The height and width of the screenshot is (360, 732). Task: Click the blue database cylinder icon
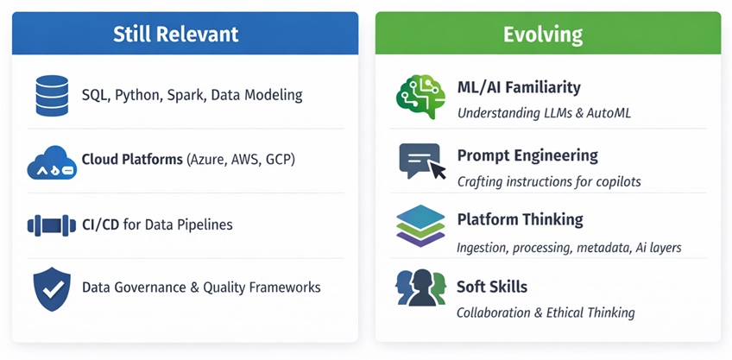coord(52,95)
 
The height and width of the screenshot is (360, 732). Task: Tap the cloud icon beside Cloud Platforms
coord(52,162)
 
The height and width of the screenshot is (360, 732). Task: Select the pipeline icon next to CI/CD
coord(52,225)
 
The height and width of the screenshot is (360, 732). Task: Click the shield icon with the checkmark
coord(52,289)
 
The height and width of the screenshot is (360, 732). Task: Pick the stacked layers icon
coord(420,225)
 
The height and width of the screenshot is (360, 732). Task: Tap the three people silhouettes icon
coord(420,287)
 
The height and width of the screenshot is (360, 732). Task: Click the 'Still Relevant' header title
coord(176,34)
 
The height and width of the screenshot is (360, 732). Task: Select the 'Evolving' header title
coord(543,35)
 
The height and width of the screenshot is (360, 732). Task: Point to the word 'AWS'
coord(246,160)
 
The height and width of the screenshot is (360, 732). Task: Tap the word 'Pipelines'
coord(205,225)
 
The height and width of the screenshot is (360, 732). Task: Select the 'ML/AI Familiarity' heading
coord(519,87)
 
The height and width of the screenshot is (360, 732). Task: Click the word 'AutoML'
coord(609,113)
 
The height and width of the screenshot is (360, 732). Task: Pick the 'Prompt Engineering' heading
coord(527,156)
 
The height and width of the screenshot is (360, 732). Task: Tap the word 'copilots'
coord(619,181)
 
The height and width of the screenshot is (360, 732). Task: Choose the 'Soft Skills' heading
coord(492,287)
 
